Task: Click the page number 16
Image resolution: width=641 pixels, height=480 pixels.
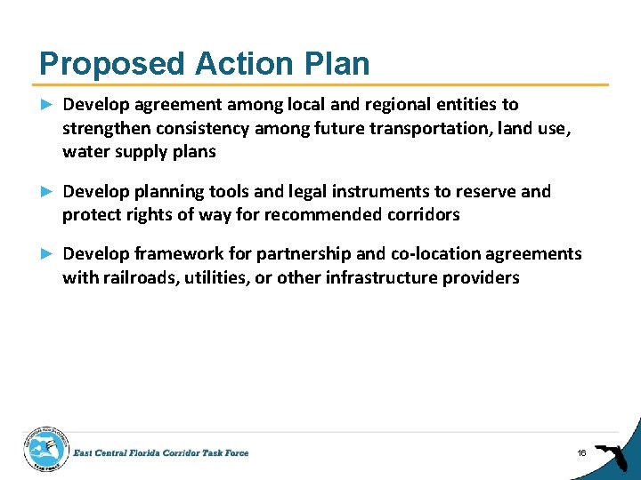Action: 581,453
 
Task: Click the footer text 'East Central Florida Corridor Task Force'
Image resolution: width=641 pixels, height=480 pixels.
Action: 161,453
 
